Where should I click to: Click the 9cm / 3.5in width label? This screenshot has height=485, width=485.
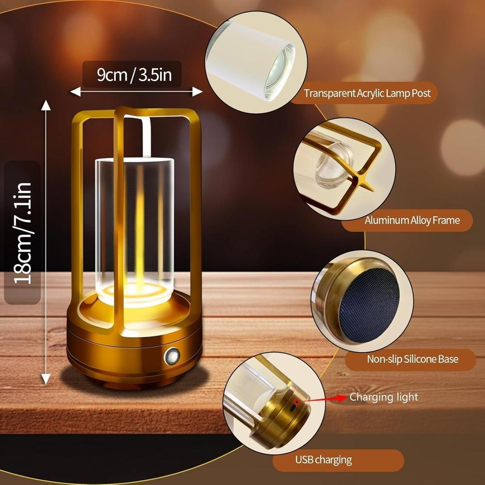point(134,75)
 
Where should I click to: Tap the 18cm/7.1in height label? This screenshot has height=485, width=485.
point(22,233)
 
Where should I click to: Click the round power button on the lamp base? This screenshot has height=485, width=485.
point(172,356)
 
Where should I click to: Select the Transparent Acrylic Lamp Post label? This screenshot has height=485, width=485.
point(367,93)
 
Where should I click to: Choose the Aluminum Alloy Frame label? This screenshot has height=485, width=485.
point(412,220)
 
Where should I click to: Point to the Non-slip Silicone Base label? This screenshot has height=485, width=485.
point(412,359)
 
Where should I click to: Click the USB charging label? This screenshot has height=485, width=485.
point(323,460)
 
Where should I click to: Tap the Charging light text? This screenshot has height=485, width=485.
point(384,397)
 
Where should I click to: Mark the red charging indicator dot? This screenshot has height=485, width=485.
point(296,401)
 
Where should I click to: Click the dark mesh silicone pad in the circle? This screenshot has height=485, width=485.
point(369,305)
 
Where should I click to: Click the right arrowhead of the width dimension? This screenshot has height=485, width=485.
point(197,92)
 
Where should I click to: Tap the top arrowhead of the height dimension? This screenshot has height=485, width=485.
point(46,105)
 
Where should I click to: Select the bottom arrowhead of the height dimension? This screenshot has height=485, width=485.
point(46,379)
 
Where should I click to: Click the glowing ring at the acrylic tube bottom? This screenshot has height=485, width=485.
point(134,292)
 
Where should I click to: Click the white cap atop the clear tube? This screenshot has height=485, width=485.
point(134,160)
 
